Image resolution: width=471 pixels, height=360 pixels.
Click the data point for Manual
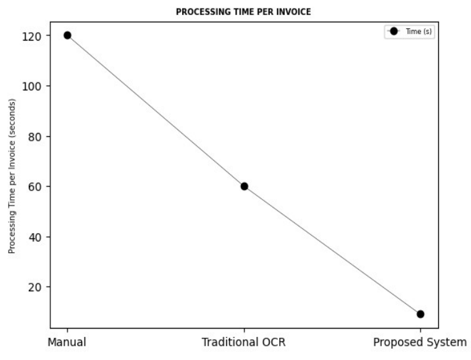(67, 35)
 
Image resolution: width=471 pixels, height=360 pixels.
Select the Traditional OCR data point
(244, 186)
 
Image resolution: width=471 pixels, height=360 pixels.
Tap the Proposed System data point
(421, 314)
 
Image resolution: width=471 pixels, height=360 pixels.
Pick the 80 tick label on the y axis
(37, 136)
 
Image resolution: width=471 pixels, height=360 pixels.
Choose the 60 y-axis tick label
(37, 187)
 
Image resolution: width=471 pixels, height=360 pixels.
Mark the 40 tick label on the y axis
(37, 237)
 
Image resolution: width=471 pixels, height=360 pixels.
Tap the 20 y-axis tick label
(37, 287)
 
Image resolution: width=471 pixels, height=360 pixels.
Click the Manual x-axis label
(67, 342)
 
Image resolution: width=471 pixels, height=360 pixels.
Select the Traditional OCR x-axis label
(244, 342)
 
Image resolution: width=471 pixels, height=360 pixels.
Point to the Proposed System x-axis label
(420, 342)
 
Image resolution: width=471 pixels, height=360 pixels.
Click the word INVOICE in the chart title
(295, 11)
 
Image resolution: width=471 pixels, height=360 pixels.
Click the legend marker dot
(394, 31)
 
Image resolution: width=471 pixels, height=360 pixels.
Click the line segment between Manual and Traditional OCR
(156, 111)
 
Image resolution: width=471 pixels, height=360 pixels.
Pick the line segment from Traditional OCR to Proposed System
(333, 250)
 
